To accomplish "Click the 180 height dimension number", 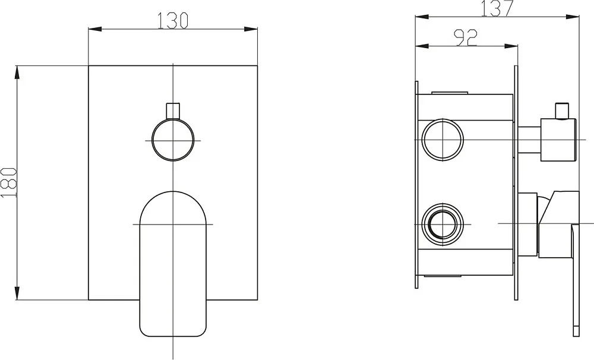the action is [9, 182].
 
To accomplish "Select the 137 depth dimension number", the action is [497, 8].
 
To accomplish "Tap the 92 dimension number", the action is [466, 38].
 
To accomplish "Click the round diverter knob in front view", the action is [173, 140].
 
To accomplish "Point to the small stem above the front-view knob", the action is [173, 110].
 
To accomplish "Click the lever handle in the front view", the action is [173, 264].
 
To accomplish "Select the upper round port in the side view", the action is [443, 140].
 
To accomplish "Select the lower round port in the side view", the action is [443, 224].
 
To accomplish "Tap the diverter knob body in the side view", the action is [558, 140].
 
